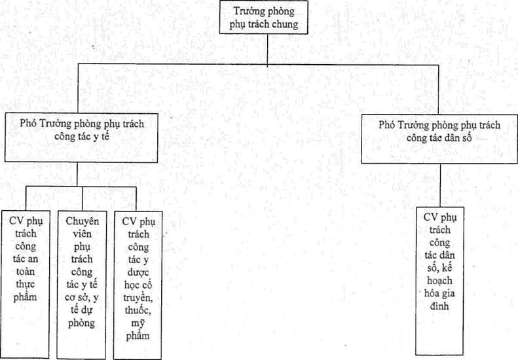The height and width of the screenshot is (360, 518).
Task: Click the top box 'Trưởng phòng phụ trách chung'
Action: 264,17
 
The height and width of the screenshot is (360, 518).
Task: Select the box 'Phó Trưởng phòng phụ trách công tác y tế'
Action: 81,137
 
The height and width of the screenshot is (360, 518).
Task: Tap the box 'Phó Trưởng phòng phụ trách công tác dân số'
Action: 439,139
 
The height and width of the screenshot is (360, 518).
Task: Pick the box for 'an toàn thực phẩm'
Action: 26,285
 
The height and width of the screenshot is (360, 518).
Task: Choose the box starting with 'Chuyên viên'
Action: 82,285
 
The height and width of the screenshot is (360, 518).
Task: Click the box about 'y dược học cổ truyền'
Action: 138,285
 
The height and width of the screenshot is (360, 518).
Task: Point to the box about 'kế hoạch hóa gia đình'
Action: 439,281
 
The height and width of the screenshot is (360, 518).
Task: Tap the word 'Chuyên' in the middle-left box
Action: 83,221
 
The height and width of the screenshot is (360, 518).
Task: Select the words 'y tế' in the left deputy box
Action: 101,136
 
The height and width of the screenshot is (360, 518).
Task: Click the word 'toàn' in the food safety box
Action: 26,272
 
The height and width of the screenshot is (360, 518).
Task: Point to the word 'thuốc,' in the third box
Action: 138,310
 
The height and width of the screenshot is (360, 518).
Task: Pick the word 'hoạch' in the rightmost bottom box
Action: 439,281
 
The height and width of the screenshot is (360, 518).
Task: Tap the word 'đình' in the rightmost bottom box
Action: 439,306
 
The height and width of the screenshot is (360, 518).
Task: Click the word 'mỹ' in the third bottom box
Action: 138,323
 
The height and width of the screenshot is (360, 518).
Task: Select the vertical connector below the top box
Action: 267,50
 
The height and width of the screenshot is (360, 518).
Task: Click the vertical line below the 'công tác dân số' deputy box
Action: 440,185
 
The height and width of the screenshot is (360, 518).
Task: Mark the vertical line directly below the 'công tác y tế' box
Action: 77,174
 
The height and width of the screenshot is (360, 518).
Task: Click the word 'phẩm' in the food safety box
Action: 26,297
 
